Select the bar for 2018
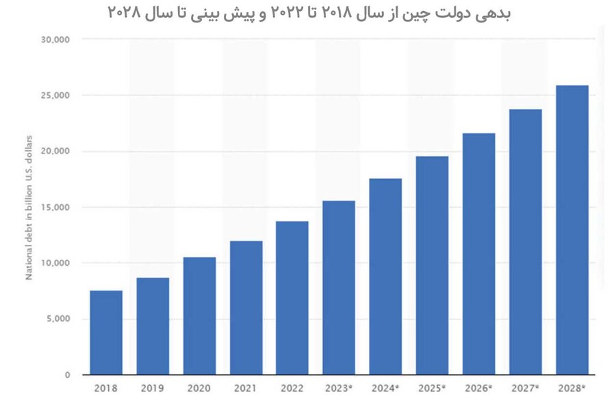pos(106,332)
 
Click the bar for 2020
pos(199,316)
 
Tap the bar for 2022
pos(292,298)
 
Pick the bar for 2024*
pos(385,277)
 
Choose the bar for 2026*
pos(478,254)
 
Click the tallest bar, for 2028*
pos(572,230)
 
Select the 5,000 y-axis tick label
pos(58,319)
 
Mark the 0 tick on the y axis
pos(67,375)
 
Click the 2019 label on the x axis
pos(153,388)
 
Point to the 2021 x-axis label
pos(246,388)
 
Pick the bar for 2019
pos(153,326)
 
